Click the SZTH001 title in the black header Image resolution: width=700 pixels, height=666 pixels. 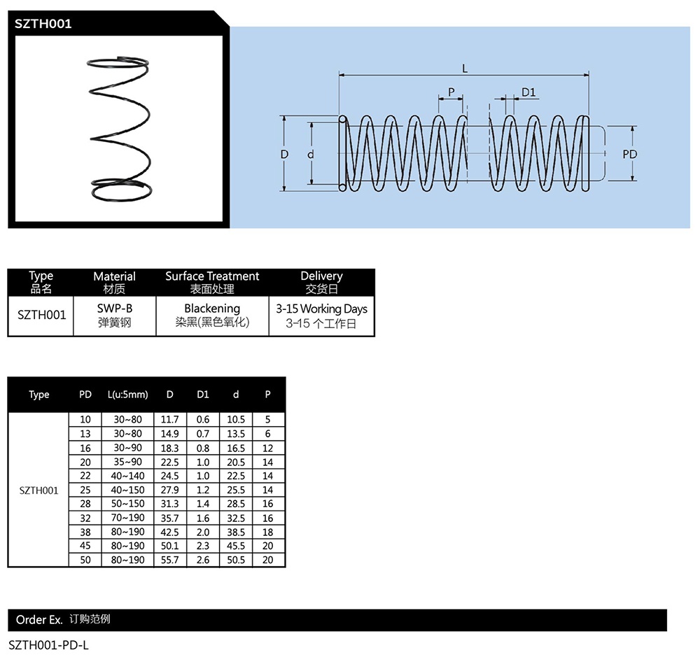[43, 23]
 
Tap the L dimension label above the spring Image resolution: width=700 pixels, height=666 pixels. [464, 68]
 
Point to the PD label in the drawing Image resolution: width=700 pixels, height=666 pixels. [630, 154]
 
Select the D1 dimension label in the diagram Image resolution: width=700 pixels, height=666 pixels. [528, 92]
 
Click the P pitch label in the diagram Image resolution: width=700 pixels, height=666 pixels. [451, 92]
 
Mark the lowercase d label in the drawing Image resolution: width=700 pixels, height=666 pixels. [309, 154]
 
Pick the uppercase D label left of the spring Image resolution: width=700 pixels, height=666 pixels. [285, 154]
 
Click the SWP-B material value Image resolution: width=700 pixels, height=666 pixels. [114, 309]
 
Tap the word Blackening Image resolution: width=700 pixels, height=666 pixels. [212, 309]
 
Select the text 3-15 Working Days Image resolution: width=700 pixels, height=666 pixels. [321, 309]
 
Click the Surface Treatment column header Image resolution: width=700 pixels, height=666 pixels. [212, 276]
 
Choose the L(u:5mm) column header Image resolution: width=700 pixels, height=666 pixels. [128, 395]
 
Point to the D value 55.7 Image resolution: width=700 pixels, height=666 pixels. [169, 560]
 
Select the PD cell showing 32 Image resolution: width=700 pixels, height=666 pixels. [85, 518]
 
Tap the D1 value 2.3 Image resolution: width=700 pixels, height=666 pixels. [203, 546]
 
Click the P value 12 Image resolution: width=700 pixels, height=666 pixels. [267, 448]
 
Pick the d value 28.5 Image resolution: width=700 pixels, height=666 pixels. [236, 504]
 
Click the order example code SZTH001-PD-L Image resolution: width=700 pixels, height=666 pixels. [49, 645]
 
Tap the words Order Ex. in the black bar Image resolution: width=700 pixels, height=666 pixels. [39, 620]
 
